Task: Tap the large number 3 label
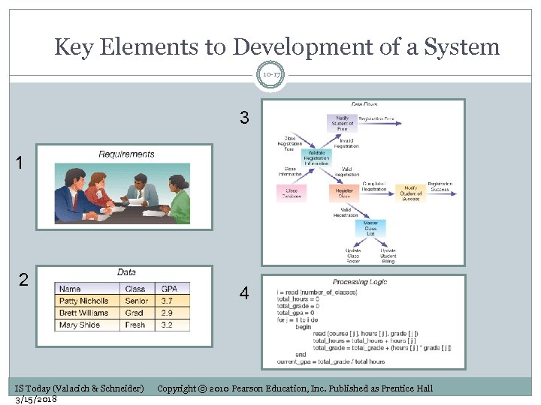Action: [244, 118]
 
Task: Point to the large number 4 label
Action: [244, 294]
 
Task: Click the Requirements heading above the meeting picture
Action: [126, 154]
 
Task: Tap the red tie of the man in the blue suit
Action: [140, 193]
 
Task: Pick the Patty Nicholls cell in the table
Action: [84, 301]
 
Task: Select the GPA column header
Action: [170, 289]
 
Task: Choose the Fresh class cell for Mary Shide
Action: [135, 325]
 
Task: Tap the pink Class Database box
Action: [292, 193]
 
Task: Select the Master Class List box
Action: [370, 229]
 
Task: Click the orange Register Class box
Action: [344, 193]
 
